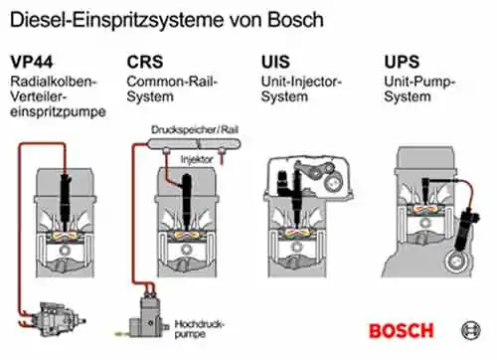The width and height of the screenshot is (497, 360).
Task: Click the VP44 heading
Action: [32, 62]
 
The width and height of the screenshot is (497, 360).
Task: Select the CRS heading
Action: [145, 62]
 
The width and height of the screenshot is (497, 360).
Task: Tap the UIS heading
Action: [275, 62]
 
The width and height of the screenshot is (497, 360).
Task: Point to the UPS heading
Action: [402, 62]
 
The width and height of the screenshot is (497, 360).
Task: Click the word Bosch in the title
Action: [295, 20]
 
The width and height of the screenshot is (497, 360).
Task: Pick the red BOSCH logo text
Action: [402, 331]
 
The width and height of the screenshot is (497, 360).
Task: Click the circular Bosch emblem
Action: [471, 330]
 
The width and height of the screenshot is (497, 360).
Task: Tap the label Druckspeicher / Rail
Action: [195, 129]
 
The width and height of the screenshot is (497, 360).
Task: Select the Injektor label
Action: [197, 159]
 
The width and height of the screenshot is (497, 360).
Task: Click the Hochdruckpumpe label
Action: [200, 329]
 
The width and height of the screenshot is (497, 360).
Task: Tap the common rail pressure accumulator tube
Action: [194, 143]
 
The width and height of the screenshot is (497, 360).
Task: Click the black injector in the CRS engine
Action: [188, 201]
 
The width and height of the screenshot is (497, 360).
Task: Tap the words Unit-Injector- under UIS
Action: [301, 82]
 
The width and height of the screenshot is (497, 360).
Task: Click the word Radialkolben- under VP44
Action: [53, 82]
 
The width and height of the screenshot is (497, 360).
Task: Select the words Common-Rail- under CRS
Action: [172, 82]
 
